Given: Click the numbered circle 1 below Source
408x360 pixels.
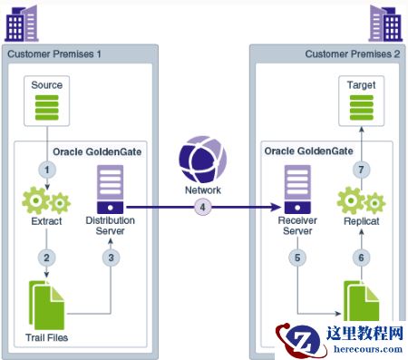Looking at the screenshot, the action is click(47, 170).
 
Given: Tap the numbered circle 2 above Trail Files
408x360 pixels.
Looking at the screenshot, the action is click(46, 258).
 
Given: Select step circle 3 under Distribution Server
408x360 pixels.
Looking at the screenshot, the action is click(111, 258).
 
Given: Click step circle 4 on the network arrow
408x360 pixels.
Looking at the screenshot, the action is click(203, 208).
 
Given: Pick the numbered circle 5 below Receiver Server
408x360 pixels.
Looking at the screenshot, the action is click(297, 258).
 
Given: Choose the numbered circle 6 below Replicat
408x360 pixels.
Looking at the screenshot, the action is click(361, 258).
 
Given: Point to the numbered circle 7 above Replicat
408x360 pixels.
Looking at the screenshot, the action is click(361, 170).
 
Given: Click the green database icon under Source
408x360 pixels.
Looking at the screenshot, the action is click(47, 108).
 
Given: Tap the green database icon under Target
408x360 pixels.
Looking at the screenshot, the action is click(362, 108).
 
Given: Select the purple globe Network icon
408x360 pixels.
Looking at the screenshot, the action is click(203, 160).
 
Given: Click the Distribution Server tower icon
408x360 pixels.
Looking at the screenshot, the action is click(111, 190).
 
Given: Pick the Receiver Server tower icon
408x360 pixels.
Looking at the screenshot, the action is click(297, 190).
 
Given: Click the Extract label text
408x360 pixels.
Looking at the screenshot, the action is click(46, 221).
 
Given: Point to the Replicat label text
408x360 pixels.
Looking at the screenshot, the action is click(362, 221).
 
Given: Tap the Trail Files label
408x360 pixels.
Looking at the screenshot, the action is click(47, 337).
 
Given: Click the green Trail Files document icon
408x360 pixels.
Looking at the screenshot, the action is click(46, 306).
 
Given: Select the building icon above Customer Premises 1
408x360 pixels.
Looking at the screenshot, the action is click(22, 23).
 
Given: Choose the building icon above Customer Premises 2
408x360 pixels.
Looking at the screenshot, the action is click(385, 23).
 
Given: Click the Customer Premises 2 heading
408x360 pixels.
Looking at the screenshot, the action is click(353, 54).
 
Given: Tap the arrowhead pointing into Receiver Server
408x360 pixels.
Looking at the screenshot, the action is click(277, 208).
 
